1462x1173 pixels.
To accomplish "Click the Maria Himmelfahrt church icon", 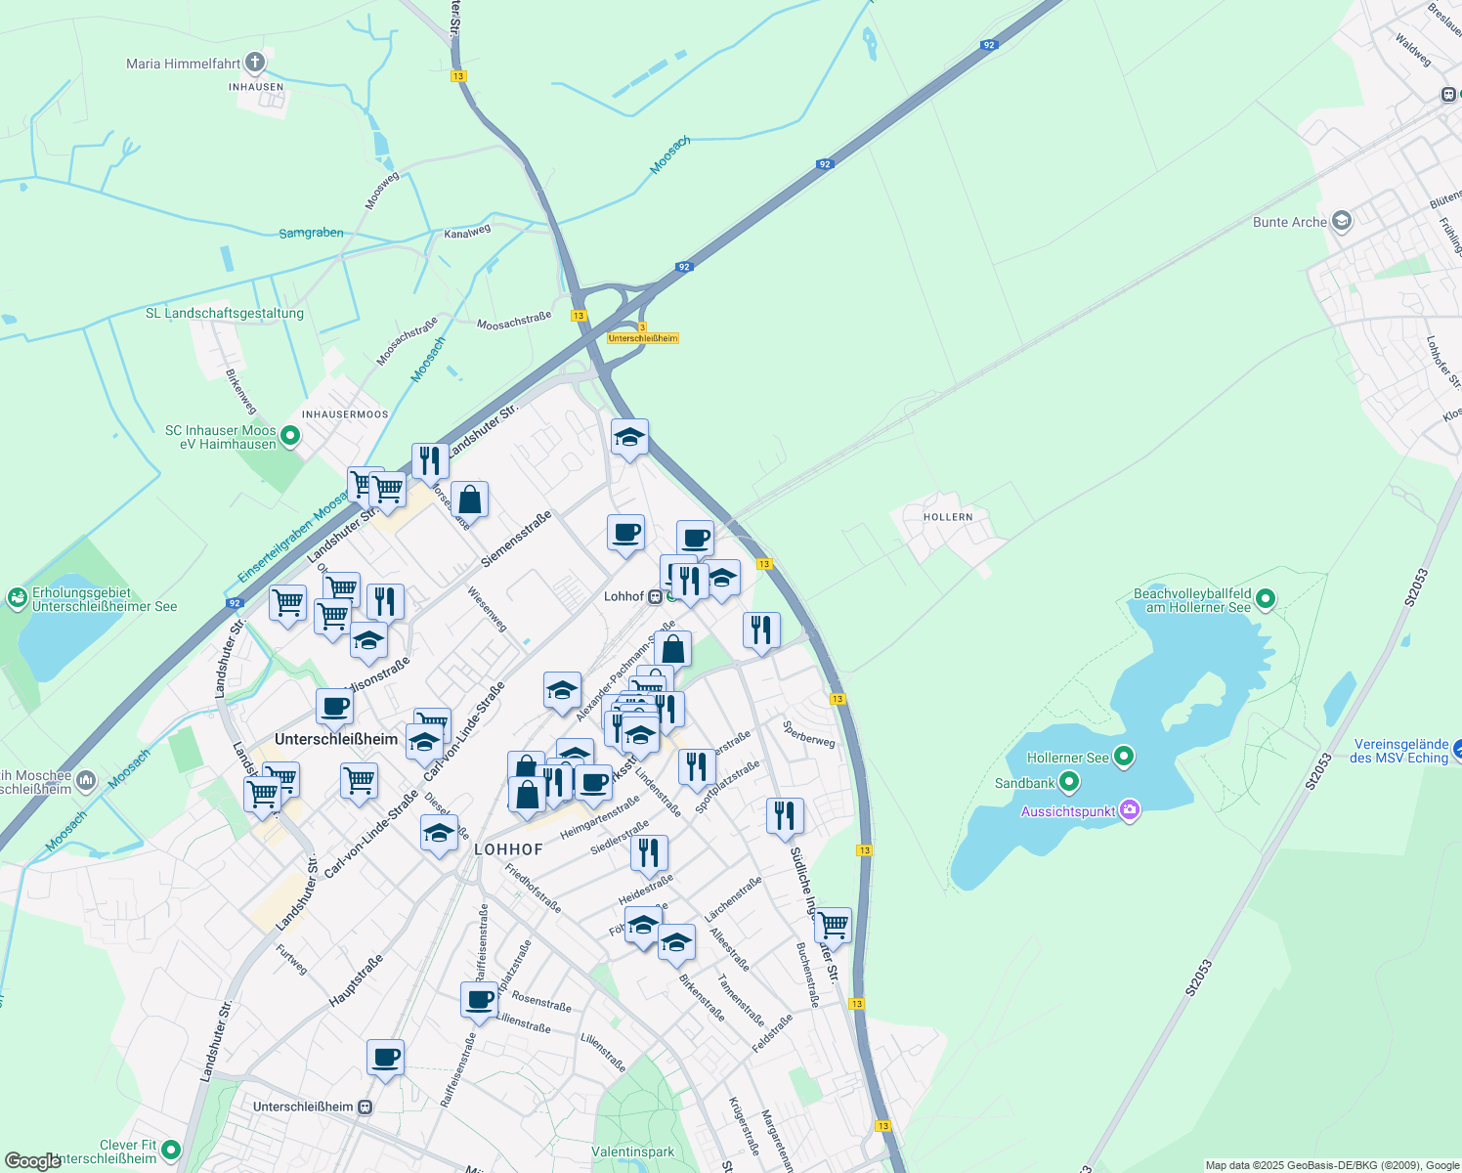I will pyautogui.click(x=254, y=64).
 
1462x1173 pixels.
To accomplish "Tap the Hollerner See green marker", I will pyautogui.click(x=1124, y=757).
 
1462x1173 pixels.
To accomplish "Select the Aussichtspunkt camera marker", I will pyautogui.click(x=1130, y=810).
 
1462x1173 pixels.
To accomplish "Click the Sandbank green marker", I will pyautogui.click(x=1069, y=782).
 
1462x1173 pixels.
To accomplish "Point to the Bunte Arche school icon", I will pyautogui.click(x=1342, y=221).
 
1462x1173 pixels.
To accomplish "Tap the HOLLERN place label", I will pyautogui.click(x=948, y=517).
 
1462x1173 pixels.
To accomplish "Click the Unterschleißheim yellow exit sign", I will pyautogui.click(x=643, y=338).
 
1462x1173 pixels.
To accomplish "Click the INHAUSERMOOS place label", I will pyautogui.click(x=345, y=414).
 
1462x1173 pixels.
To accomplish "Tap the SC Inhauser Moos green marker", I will pyautogui.click(x=290, y=436).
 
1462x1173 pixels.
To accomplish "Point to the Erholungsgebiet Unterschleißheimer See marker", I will pyautogui.click(x=17, y=598).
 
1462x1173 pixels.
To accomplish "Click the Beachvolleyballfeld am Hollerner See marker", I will pyautogui.click(x=1266, y=599).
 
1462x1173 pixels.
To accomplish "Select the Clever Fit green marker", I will pyautogui.click(x=172, y=1151).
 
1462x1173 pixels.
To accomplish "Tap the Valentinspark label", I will pyautogui.click(x=632, y=1151).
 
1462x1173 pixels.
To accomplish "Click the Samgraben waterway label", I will pyautogui.click(x=311, y=233).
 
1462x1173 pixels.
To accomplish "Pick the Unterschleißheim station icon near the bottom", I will pyautogui.click(x=365, y=1107).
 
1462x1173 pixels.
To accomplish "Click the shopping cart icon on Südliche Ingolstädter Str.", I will pyautogui.click(x=833, y=923).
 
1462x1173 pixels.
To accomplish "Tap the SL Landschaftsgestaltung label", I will pyautogui.click(x=225, y=314).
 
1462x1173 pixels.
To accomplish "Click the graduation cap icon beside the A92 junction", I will pyautogui.click(x=629, y=437).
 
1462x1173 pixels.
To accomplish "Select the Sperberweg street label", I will pyautogui.click(x=809, y=734).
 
